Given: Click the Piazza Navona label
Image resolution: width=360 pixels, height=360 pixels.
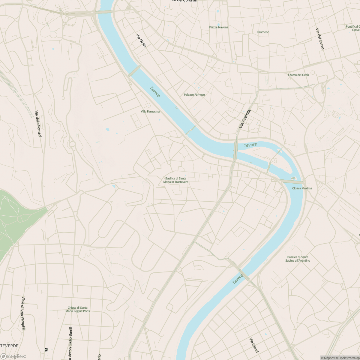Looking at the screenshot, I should (x=219, y=27).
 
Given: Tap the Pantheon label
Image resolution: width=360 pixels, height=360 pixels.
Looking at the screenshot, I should (x=263, y=32).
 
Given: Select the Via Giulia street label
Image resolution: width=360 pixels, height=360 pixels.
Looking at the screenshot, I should (x=141, y=41).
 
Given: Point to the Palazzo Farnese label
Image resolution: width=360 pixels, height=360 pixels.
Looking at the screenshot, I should (x=194, y=95).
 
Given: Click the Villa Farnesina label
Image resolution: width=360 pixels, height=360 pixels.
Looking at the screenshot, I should (x=150, y=112).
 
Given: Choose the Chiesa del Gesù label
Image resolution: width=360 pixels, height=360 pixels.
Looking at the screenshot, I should (x=298, y=75).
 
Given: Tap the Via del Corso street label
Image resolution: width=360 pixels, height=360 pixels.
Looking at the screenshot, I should (x=319, y=39).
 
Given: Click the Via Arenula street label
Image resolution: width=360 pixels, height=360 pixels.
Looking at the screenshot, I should (x=244, y=119).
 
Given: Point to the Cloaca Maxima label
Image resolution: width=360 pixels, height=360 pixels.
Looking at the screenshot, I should (x=302, y=188).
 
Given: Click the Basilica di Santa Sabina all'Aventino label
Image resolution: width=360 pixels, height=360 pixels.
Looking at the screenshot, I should (x=298, y=259).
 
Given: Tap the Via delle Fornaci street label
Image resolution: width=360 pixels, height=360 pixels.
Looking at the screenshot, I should (x=38, y=124).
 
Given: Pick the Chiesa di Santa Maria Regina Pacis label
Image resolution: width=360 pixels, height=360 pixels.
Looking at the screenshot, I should (x=78, y=309).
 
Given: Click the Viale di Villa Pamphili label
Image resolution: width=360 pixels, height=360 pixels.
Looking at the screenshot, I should (x=23, y=314).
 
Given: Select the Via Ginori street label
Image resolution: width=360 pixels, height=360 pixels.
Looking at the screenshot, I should (x=254, y=345).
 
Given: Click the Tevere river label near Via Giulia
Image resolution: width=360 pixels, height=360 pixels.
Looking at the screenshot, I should (x=155, y=92).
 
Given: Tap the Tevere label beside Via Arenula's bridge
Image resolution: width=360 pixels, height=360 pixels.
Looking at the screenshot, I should (x=250, y=145).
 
